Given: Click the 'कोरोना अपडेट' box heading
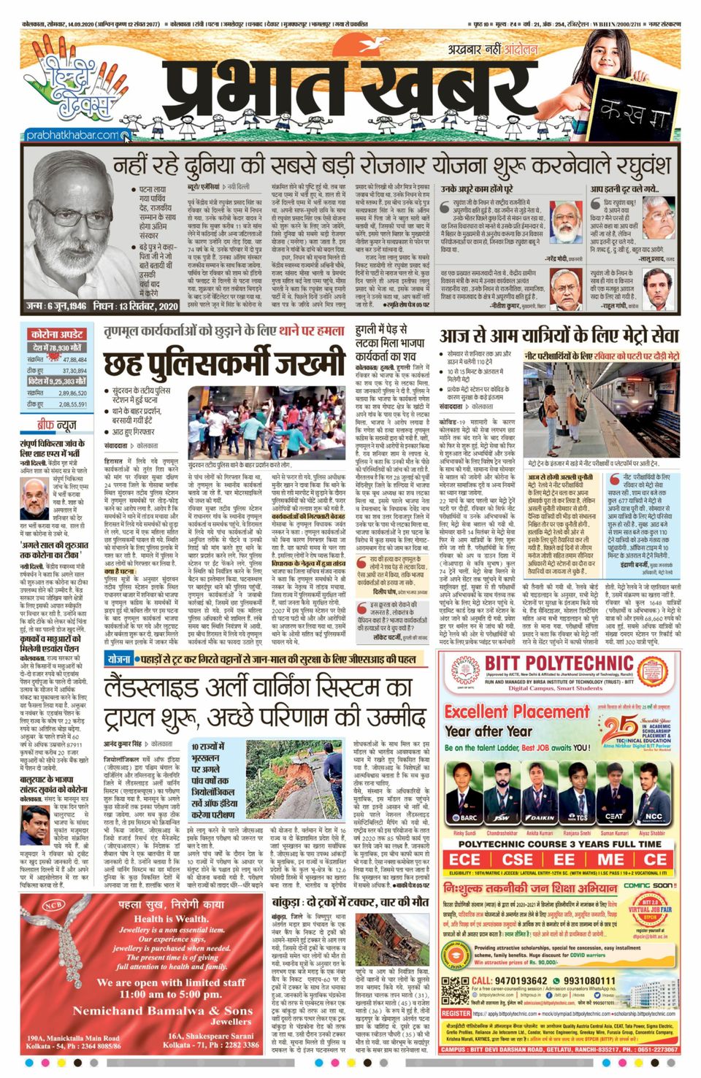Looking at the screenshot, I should pos(57,334).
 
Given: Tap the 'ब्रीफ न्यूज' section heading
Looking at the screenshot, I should pos(57,425).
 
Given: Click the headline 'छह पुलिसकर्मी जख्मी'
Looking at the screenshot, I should pos(223,363).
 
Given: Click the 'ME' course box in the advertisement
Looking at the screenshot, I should pos(610,859).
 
